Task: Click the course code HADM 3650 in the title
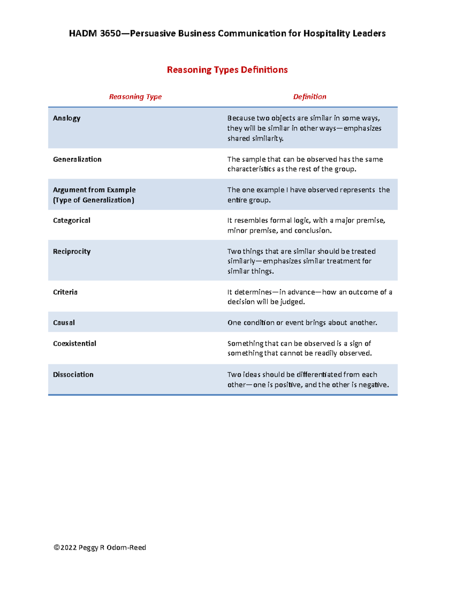click(x=94, y=33)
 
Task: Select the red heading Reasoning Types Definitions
click(x=227, y=70)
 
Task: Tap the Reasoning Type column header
click(x=135, y=97)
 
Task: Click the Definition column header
click(x=309, y=97)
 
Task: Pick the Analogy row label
click(x=67, y=118)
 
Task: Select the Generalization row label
click(x=77, y=159)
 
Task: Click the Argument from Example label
click(x=94, y=190)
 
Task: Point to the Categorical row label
click(x=72, y=220)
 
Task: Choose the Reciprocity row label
click(x=72, y=251)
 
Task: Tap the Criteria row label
click(x=65, y=292)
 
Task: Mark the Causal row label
click(x=64, y=323)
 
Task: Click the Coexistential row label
click(x=75, y=343)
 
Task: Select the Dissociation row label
click(x=73, y=374)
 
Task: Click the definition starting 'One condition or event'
click(x=302, y=323)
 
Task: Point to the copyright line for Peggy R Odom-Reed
click(x=100, y=547)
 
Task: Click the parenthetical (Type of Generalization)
click(x=94, y=200)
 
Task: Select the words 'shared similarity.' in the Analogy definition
click(x=255, y=138)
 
